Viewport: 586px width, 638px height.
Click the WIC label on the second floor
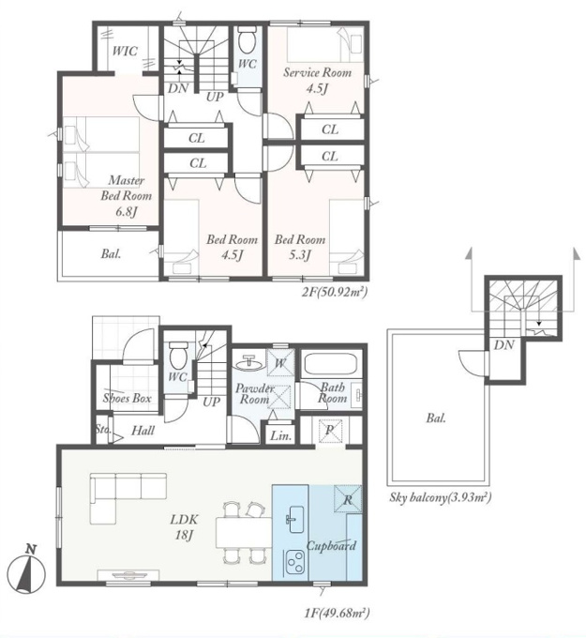(x=125, y=52)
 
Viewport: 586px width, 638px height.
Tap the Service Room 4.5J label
(x=317, y=81)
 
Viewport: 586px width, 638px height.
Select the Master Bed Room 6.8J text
(x=126, y=196)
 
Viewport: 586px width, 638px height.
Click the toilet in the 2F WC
(x=247, y=39)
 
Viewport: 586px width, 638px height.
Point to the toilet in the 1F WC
(x=177, y=355)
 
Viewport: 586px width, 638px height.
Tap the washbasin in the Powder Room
(x=248, y=362)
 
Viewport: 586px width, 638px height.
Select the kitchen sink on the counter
(x=294, y=519)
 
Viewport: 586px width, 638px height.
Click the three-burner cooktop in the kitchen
(x=294, y=562)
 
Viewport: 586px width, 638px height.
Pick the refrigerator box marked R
(x=348, y=498)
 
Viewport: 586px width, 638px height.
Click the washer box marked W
(x=280, y=362)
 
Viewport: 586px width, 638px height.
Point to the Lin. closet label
(x=281, y=436)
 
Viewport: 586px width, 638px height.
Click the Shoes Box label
(x=127, y=398)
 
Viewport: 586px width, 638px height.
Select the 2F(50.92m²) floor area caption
(x=335, y=292)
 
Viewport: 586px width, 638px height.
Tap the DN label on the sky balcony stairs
(x=504, y=345)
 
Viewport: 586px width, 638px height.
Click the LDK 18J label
(x=184, y=527)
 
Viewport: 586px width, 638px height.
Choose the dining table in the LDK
(x=244, y=533)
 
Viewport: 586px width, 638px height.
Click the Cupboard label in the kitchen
(x=331, y=546)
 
